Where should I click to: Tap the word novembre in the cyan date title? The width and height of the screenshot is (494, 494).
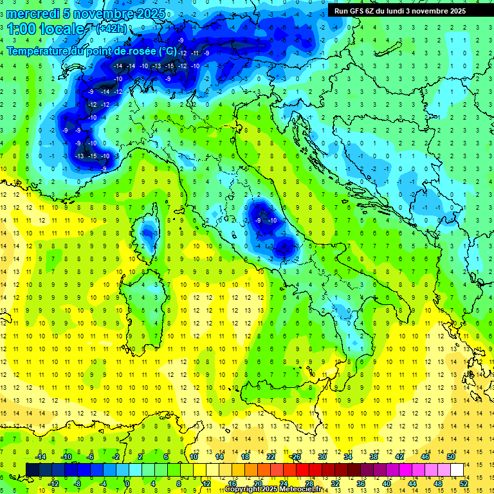point(109,14)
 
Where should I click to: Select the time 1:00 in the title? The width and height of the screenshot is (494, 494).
point(23,30)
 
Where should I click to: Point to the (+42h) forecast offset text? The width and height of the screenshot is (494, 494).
point(111,29)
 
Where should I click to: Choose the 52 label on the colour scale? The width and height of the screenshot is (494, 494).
point(463,484)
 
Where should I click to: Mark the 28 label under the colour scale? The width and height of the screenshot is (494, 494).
point(309,484)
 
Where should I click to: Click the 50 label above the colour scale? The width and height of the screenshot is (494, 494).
point(450,456)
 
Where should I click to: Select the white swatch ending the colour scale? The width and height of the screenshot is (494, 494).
point(457,470)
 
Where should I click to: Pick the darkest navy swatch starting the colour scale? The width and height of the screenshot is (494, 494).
point(33,470)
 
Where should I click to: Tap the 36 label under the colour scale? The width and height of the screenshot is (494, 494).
point(361,484)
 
